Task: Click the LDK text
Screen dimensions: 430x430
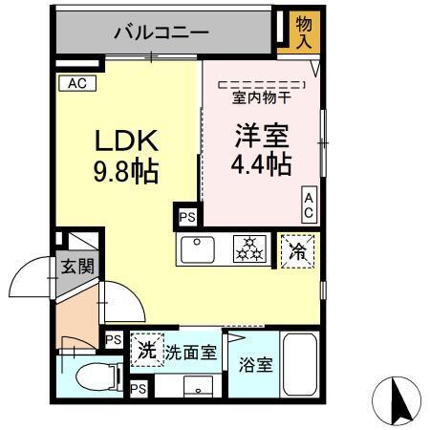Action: click(123, 140)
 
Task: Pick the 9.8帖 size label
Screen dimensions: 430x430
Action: click(125, 173)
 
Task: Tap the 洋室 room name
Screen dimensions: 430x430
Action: click(259, 135)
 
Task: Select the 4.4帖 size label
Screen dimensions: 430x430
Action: click(260, 164)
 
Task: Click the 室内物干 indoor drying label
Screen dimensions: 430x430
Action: click(259, 96)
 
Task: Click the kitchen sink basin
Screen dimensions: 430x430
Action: click(197, 250)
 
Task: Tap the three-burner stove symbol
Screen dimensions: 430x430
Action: click(251, 249)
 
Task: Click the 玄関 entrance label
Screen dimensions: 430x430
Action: click(78, 267)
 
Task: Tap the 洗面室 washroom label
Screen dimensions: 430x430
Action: click(192, 352)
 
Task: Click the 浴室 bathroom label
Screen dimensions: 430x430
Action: click(254, 364)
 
